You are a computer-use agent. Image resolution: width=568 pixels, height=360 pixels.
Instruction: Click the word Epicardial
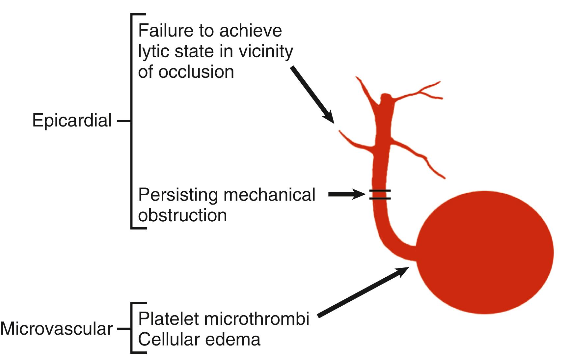72,121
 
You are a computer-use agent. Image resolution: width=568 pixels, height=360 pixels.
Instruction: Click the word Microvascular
57,329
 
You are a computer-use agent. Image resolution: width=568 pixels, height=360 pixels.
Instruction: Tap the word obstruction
182,215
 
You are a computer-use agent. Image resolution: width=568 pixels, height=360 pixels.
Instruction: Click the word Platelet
169,318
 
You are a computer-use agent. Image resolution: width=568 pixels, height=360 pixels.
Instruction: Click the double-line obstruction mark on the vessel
380,195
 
